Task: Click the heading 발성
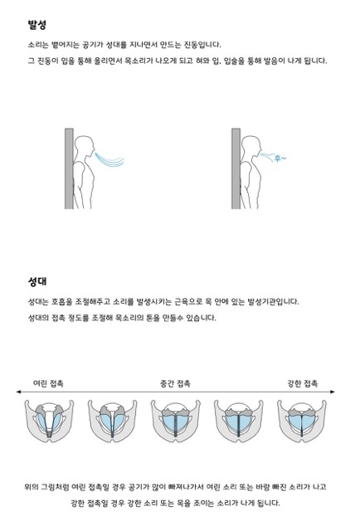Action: point(36,25)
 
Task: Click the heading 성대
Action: point(36,281)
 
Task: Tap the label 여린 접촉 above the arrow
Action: point(48,383)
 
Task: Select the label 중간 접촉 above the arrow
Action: point(174,383)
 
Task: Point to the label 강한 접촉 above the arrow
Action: point(302,383)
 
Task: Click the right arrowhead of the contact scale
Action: point(333,392)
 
